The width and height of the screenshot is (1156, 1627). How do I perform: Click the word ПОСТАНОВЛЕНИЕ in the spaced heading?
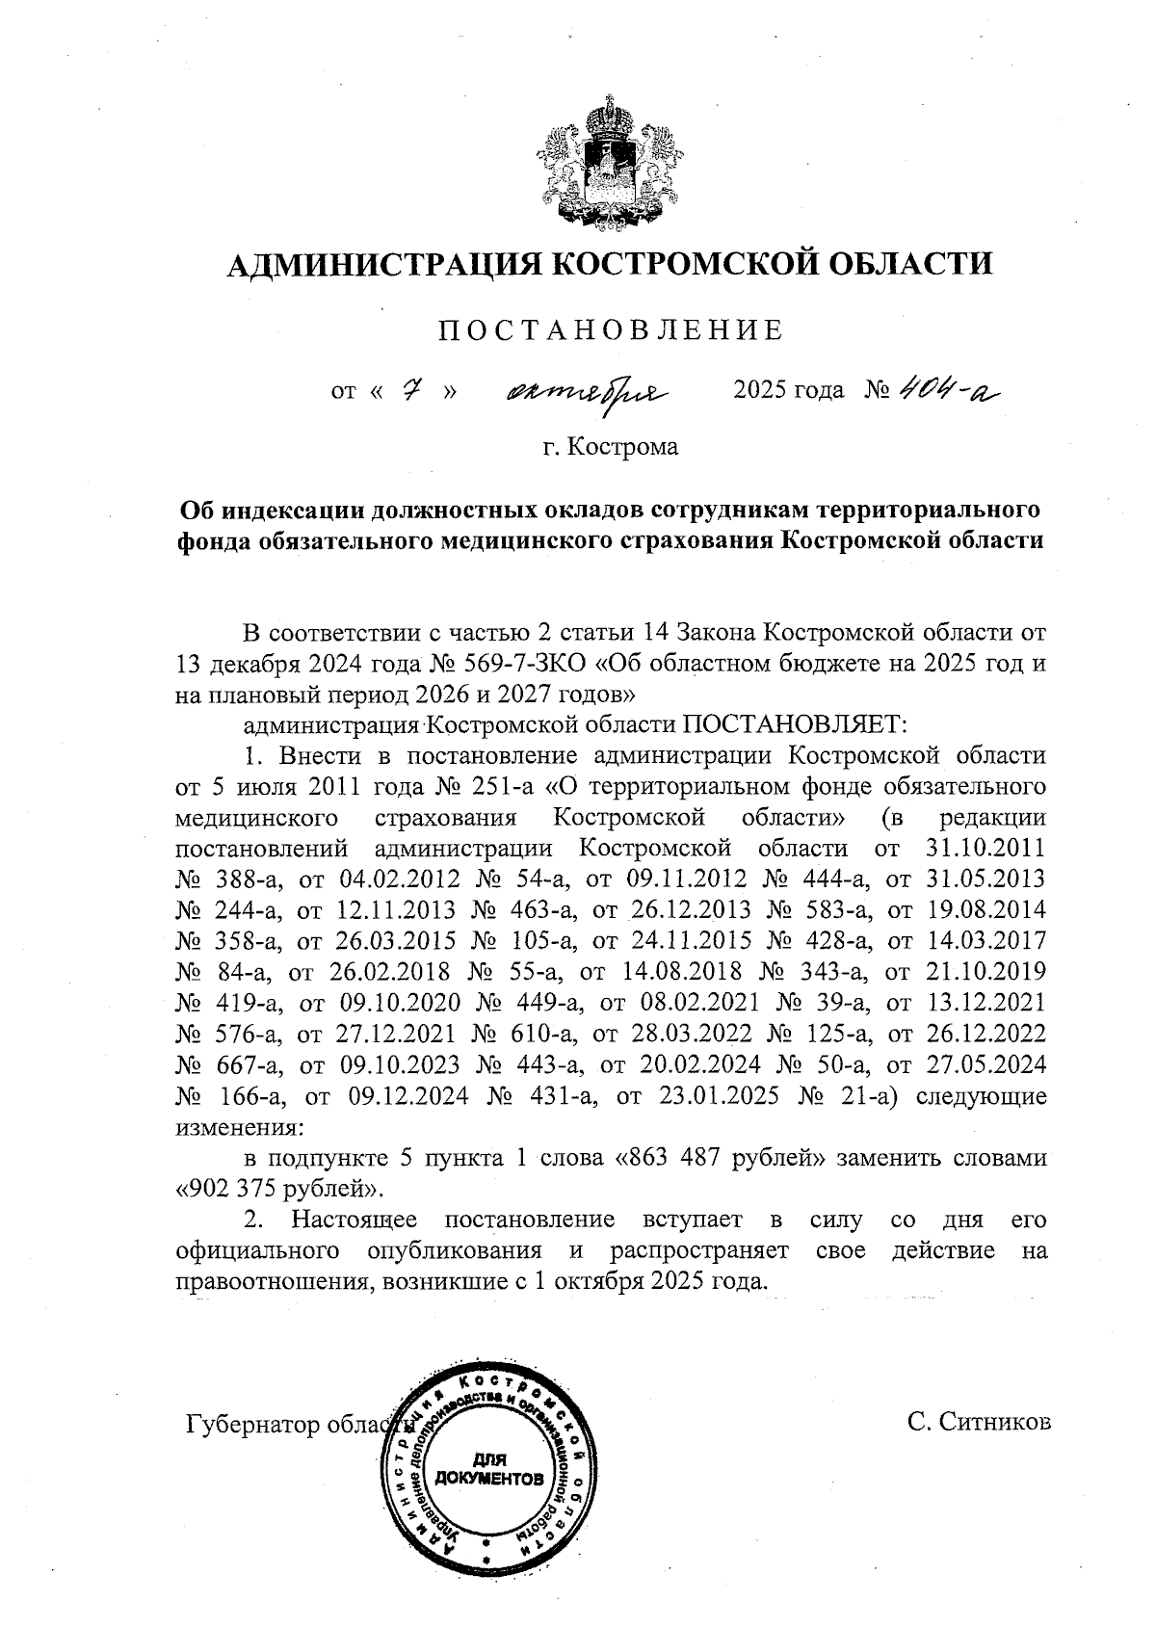point(611,330)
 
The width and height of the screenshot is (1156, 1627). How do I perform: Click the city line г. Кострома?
point(610,447)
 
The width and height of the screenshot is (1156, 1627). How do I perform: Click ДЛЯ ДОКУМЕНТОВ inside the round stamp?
point(488,1469)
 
